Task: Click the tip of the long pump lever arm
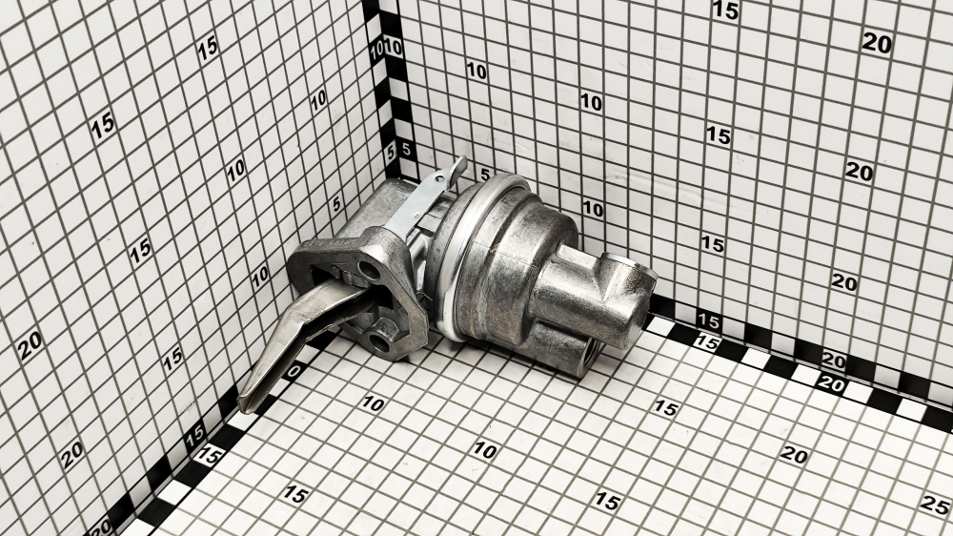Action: (x=244, y=402)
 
